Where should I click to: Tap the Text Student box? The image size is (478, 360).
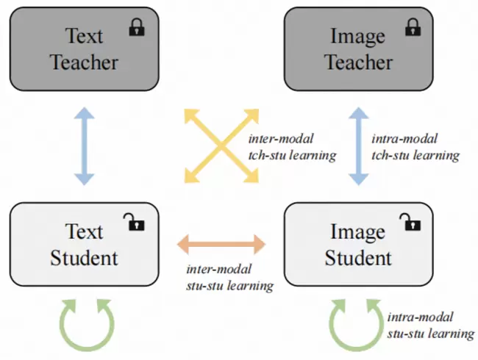click(85, 244)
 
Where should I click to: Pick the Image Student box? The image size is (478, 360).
click(359, 244)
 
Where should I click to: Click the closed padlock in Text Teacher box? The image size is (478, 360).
click(137, 28)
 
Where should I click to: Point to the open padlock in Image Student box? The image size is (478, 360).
click(407, 222)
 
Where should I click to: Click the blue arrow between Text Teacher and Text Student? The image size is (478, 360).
click(85, 144)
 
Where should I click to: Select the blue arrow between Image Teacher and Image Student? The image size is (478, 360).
click(359, 144)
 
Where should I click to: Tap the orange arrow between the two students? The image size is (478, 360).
click(222, 243)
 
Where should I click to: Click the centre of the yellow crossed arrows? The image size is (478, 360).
click(222, 145)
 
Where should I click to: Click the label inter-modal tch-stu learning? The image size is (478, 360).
click(292, 147)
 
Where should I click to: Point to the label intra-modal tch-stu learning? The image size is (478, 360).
click(415, 147)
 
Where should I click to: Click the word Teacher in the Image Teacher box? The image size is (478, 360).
click(359, 62)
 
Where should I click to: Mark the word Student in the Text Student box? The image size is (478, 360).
click(85, 258)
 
